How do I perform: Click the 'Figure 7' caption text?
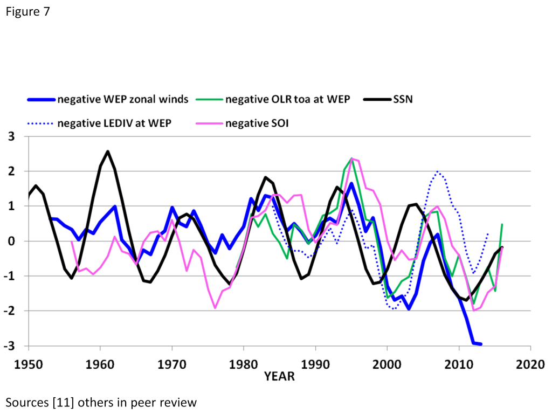(27, 12)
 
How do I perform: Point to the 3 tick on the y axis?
(16, 136)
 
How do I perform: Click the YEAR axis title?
(279, 376)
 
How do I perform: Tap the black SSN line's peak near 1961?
(108, 151)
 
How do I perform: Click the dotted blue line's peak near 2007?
(437, 172)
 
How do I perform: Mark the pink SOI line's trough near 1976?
(215, 308)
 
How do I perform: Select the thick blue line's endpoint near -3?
(481, 344)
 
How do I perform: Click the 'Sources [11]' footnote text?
(101, 402)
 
